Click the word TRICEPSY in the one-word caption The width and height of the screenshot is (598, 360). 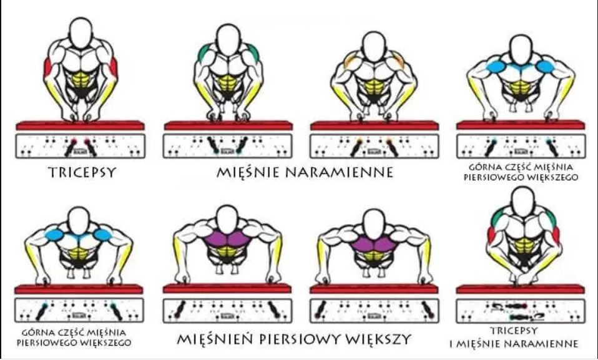point(82,172)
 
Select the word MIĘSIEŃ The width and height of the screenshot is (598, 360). point(217,339)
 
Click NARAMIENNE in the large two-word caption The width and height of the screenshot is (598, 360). point(339,172)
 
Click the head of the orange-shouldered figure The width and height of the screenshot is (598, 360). point(374,45)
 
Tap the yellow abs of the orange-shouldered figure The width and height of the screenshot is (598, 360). point(373,87)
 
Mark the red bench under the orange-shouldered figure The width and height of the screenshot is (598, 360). point(374,125)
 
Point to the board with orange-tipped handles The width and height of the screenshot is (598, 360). point(374,146)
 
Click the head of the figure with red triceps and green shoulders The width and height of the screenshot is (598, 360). point(523,202)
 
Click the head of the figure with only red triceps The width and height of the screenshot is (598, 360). point(81,33)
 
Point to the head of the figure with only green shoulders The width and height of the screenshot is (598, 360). point(228,40)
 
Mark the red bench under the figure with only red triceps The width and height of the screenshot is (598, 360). point(80,125)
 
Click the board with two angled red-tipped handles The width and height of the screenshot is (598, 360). point(80,146)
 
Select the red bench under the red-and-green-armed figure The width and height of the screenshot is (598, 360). point(520,289)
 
